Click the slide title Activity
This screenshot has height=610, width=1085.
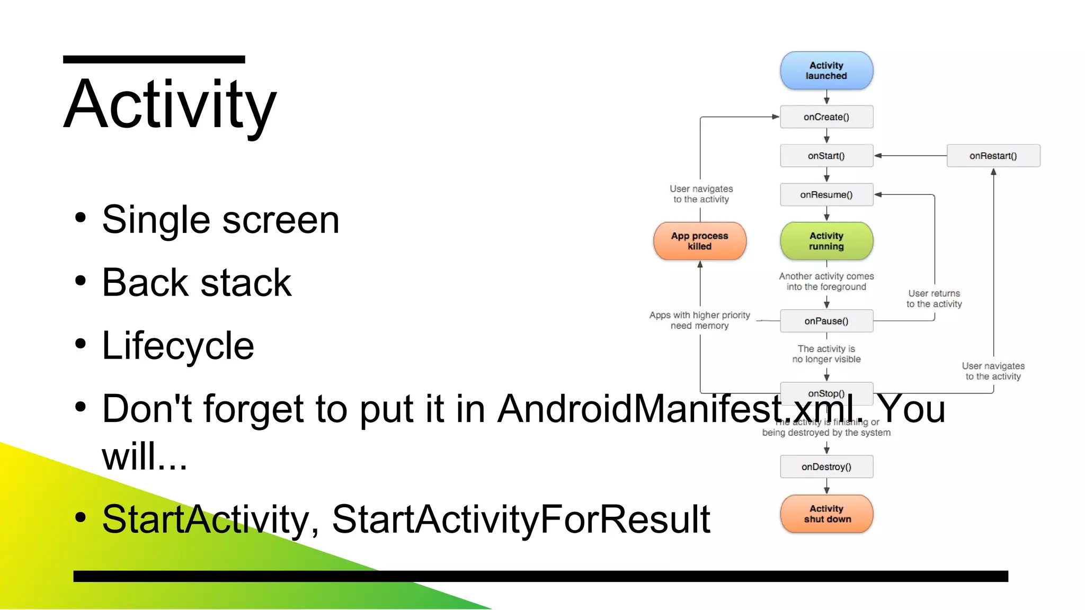click(170, 104)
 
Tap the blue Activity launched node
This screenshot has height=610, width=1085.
click(826, 70)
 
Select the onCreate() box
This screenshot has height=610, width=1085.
click(826, 117)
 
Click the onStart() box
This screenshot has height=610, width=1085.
click(826, 156)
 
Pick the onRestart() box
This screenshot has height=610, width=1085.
click(993, 156)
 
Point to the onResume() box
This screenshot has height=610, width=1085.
click(826, 195)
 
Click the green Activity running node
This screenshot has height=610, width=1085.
click(826, 241)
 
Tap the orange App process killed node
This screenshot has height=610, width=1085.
click(699, 241)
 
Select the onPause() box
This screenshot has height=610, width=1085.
click(826, 321)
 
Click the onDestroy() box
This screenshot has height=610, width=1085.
click(826, 467)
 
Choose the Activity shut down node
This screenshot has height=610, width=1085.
click(826, 514)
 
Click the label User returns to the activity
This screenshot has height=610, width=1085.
click(933, 299)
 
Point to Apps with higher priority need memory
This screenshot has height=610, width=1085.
click(699, 320)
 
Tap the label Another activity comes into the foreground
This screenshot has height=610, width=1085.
click(826, 282)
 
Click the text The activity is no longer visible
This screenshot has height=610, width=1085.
click(826, 354)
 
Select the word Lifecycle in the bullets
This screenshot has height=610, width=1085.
click(178, 346)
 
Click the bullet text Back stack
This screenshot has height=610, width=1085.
click(197, 283)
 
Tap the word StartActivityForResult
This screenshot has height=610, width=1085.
click(520, 519)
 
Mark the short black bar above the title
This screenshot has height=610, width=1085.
click(154, 59)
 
